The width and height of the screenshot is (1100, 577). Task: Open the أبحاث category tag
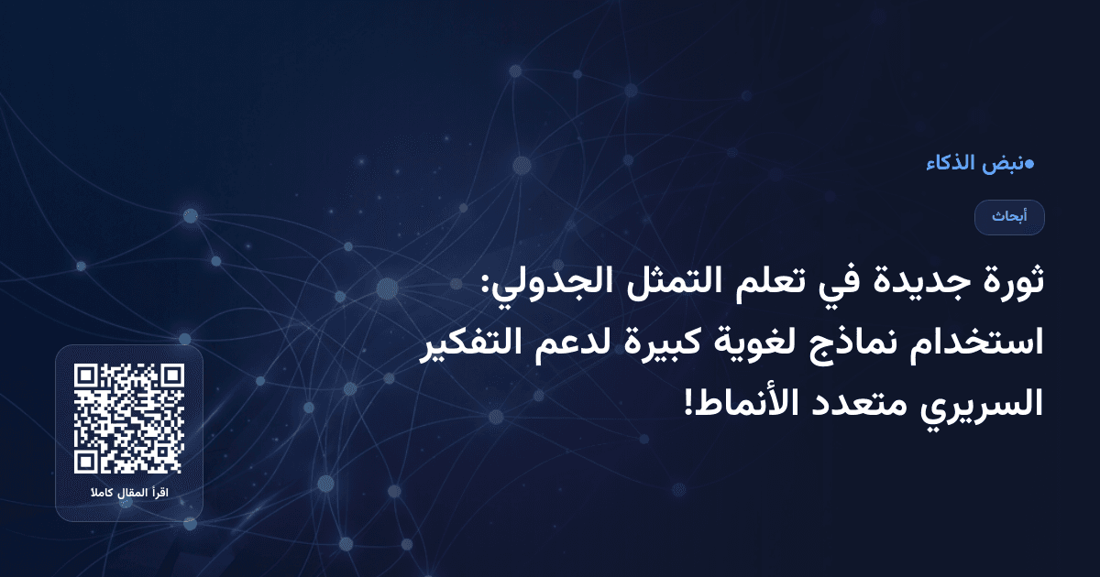(1009, 217)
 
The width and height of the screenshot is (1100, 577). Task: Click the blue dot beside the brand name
(1029, 164)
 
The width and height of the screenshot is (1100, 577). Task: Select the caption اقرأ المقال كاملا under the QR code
(129, 495)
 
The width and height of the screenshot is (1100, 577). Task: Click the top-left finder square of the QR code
(86, 376)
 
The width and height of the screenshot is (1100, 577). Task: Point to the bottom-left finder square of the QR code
(86, 462)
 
